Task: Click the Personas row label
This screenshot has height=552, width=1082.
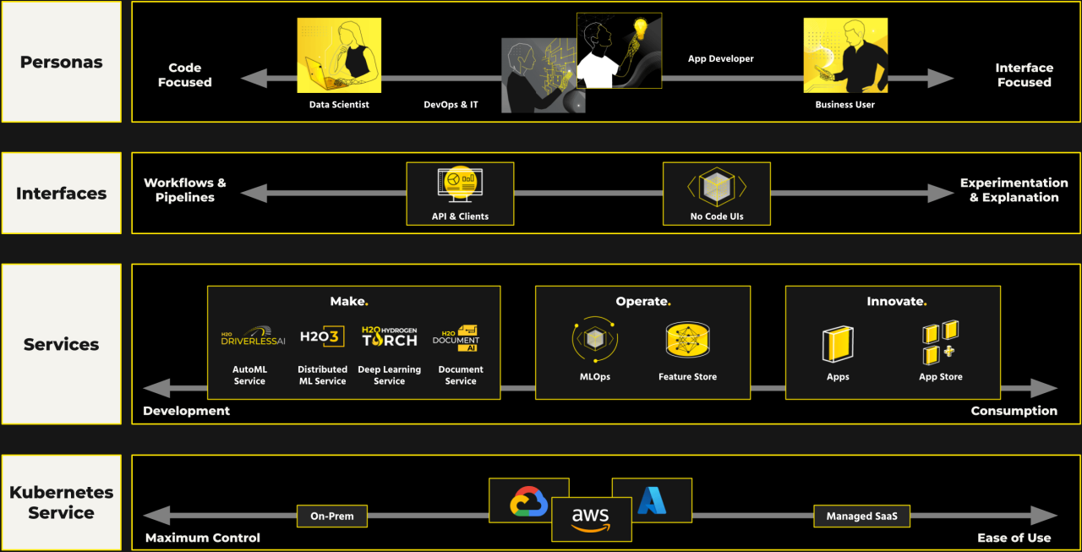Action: (62, 62)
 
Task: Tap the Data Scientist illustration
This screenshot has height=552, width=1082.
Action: (338, 56)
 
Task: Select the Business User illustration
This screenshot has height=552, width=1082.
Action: (844, 56)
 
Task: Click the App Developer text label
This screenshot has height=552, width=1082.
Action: (720, 58)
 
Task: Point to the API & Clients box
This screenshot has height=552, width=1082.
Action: (460, 194)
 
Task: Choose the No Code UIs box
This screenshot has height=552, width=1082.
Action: (717, 194)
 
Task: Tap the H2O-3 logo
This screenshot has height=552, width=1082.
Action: (322, 336)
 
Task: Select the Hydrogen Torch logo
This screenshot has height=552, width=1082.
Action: (389, 336)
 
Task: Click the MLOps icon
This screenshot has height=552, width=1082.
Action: (595, 340)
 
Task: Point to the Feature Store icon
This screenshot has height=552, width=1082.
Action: (687, 340)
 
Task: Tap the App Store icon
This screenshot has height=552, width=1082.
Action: (940, 342)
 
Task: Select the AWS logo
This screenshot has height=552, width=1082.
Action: (591, 519)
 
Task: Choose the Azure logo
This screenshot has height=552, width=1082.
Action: (652, 500)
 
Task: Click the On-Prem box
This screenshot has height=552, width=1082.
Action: (332, 516)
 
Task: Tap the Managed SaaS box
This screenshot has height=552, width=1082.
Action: (861, 516)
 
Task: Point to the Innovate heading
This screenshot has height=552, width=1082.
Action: (896, 302)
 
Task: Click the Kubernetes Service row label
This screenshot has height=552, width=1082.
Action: (62, 502)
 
